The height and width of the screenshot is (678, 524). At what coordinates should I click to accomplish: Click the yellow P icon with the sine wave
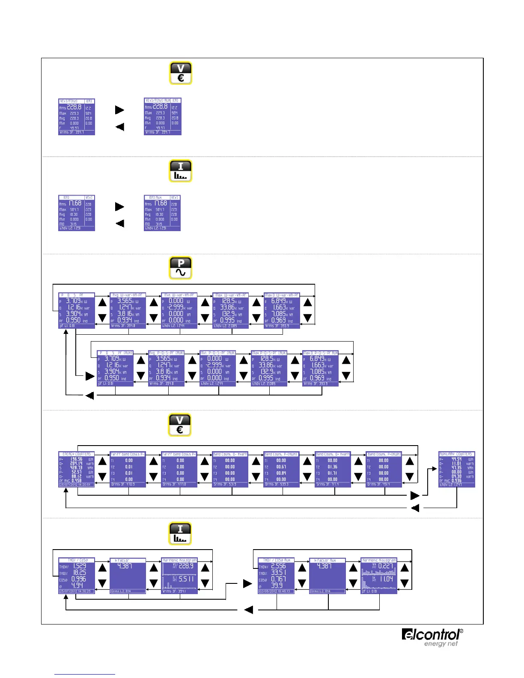click(x=181, y=268)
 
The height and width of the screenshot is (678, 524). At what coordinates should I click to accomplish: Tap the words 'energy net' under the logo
click(x=441, y=644)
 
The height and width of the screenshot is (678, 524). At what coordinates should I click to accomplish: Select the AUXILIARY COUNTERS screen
click(x=457, y=469)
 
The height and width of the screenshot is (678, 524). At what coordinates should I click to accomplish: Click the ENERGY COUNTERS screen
click(x=77, y=469)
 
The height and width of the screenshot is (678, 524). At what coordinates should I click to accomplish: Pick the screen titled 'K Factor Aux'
click(x=327, y=576)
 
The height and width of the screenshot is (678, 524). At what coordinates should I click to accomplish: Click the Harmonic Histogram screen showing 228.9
click(x=179, y=576)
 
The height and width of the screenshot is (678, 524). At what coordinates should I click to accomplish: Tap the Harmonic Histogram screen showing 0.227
click(x=379, y=576)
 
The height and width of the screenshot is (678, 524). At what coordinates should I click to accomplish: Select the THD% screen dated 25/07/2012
click(x=77, y=576)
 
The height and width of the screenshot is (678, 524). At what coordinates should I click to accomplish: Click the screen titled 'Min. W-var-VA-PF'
click(x=179, y=311)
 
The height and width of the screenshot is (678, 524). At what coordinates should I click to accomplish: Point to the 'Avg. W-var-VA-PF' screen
click(x=128, y=311)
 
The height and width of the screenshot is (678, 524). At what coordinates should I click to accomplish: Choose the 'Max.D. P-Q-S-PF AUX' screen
click(x=321, y=369)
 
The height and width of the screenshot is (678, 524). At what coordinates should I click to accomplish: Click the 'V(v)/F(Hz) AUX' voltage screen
click(x=163, y=116)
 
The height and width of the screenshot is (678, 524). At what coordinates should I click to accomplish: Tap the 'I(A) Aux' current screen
click(x=162, y=213)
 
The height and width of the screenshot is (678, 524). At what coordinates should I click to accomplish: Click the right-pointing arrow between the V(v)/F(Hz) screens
click(x=120, y=110)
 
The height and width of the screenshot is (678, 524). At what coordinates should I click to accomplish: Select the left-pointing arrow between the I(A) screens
click(x=120, y=223)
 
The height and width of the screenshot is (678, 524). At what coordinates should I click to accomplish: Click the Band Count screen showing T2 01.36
click(x=333, y=469)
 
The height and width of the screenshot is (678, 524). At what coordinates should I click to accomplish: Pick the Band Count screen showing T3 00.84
click(x=281, y=469)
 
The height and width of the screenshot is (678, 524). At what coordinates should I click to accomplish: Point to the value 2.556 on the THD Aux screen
click(x=278, y=566)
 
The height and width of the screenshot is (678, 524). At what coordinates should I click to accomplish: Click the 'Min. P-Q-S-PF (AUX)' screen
click(x=218, y=369)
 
